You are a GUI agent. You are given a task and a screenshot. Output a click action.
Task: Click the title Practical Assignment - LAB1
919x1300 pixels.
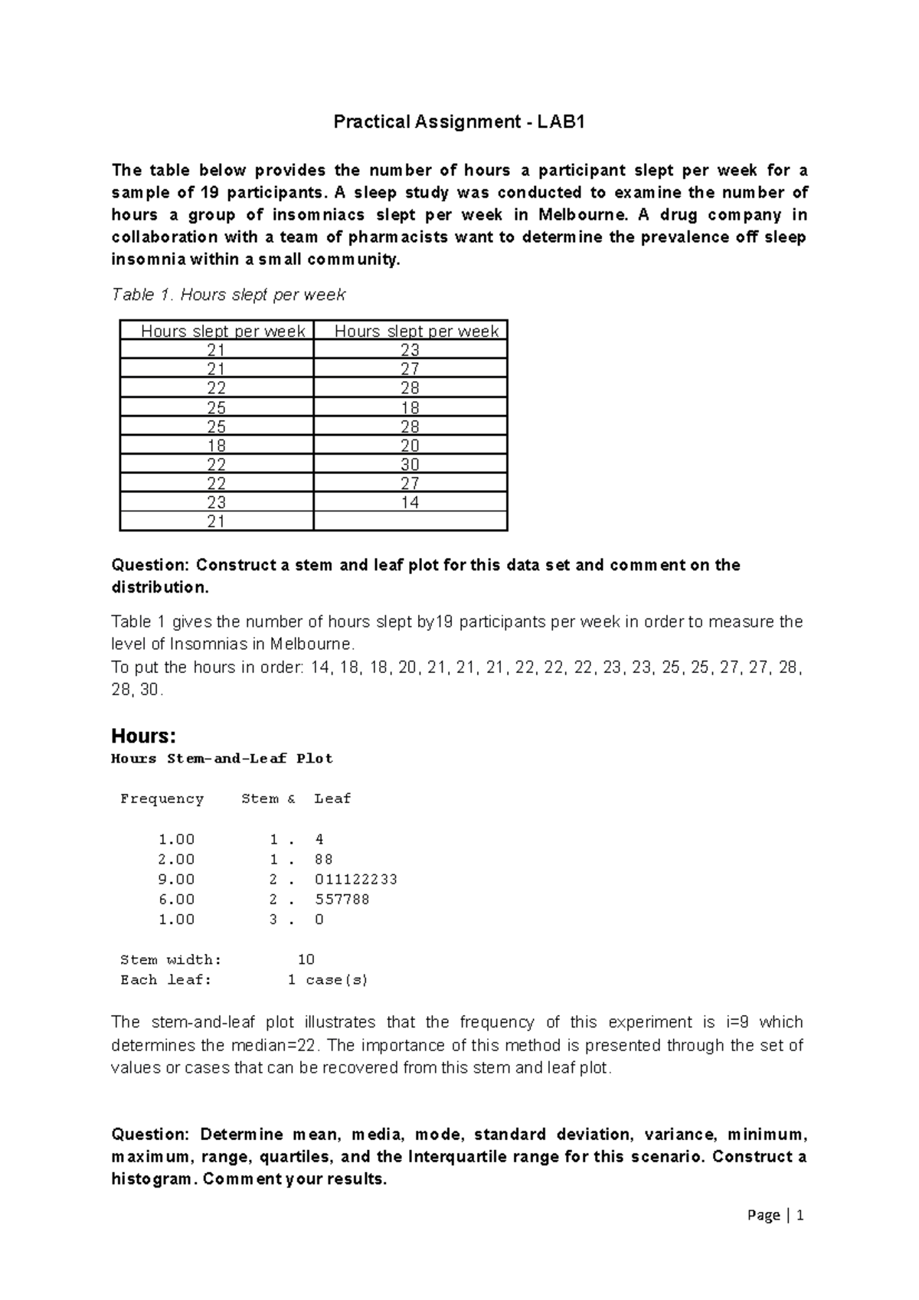[459, 122]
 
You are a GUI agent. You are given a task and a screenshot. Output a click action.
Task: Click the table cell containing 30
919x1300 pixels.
[410, 465]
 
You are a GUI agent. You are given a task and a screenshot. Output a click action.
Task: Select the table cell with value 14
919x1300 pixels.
[410, 503]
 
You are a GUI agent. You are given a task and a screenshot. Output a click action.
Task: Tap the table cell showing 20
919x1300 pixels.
[410, 446]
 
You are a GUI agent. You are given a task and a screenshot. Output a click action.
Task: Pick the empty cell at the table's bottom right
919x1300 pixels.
[410, 522]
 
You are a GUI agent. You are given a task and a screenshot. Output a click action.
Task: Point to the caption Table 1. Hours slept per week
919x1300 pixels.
[228, 295]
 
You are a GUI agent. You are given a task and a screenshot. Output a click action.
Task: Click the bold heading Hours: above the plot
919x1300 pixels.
[143, 737]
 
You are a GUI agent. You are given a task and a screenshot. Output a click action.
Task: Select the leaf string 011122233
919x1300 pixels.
[356, 880]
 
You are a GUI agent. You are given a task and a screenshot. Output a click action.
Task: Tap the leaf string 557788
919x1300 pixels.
[342, 900]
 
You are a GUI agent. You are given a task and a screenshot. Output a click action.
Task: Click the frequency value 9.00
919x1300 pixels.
[176, 880]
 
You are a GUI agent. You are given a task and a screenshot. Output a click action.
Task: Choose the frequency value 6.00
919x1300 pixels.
[176, 900]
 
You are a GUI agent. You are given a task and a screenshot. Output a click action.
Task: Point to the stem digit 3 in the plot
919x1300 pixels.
[273, 919]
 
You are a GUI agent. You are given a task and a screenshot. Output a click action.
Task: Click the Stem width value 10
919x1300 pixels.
[306, 960]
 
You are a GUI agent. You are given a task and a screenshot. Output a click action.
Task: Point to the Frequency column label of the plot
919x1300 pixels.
[162, 799]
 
